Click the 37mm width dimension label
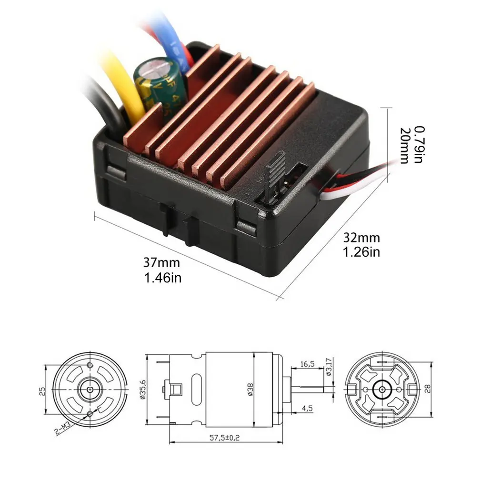(x=162, y=262)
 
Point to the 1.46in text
(x=162, y=277)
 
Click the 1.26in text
(x=361, y=252)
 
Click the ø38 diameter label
(x=250, y=390)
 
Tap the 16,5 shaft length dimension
(x=307, y=364)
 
